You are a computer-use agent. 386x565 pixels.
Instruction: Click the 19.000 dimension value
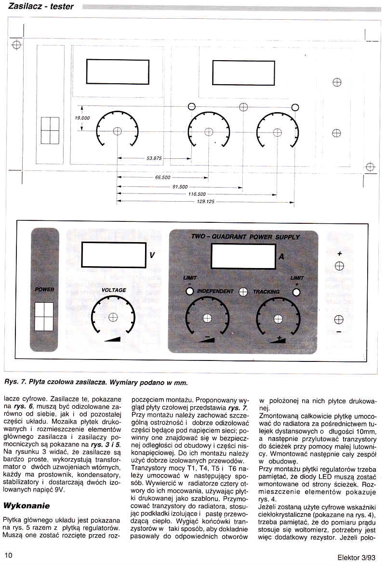coord(82,118)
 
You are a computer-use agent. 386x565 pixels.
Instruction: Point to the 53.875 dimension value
coord(154,158)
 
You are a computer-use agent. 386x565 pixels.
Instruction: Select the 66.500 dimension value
coord(163,177)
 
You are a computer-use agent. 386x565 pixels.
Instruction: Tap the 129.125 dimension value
coord(205,202)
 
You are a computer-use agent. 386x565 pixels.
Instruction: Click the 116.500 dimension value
coord(197,194)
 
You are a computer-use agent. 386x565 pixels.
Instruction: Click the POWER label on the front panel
coord(44,289)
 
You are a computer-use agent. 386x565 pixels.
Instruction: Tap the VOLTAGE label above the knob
coord(114,290)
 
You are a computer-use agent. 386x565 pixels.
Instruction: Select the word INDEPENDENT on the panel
coord(215,291)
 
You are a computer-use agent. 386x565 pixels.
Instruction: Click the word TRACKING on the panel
coord(266,292)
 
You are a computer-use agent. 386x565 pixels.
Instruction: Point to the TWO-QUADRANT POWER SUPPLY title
coord(245,237)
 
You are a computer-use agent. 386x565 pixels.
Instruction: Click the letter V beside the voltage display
coord(152,255)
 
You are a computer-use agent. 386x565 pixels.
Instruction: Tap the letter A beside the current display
coord(281,256)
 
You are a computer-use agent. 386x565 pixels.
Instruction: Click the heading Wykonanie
coord(27,505)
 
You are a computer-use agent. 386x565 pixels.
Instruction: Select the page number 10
coord(8,555)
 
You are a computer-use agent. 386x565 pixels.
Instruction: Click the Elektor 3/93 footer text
coord(357,557)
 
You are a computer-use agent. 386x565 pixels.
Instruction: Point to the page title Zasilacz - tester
coord(41,6)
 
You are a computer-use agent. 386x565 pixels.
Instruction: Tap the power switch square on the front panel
coord(44,317)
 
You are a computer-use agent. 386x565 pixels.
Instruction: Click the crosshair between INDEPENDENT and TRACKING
coord(243,292)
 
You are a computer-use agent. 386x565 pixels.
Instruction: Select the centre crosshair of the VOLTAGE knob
coord(113,317)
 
